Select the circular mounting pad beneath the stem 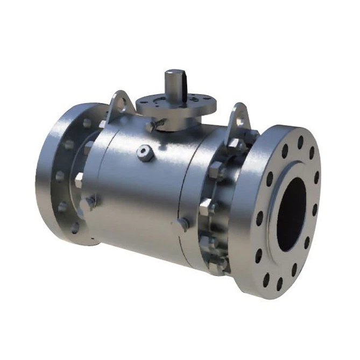click(171, 105)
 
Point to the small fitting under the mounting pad click(153, 125)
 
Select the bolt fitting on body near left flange click(90, 202)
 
